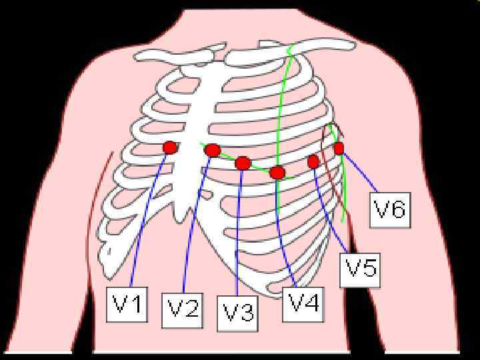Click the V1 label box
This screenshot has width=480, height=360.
(x=127, y=304)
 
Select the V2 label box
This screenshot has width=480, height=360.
(x=182, y=309)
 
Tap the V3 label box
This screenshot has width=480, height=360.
(x=238, y=312)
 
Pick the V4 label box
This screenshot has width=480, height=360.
(x=303, y=304)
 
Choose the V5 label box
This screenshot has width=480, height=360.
(x=361, y=268)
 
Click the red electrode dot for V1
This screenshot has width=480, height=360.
(x=170, y=147)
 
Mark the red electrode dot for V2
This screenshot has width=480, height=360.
(x=213, y=150)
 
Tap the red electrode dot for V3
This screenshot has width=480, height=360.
(x=243, y=163)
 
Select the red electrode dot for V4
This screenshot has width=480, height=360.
(x=277, y=173)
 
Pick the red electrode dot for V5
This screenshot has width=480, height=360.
(x=313, y=161)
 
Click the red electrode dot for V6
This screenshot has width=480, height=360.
(x=339, y=148)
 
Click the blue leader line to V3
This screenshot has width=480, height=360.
(x=239, y=233)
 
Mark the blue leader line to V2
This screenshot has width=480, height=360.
(x=194, y=227)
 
